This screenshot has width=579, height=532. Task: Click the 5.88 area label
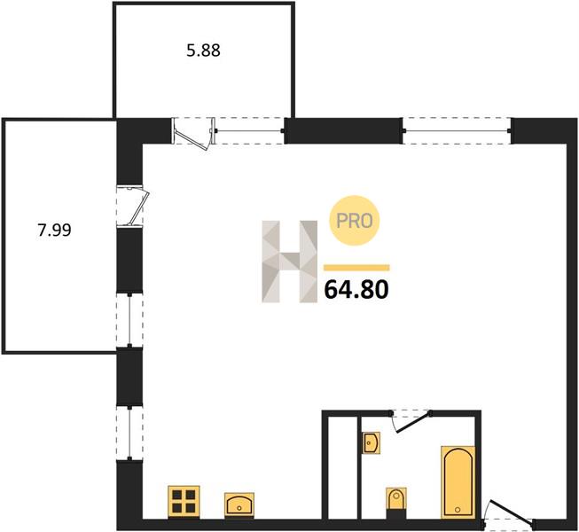(x=203, y=51)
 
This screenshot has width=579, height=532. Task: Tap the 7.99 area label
(x=54, y=231)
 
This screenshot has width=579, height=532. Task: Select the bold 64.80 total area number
(x=356, y=289)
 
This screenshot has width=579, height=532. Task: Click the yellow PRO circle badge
(x=355, y=221)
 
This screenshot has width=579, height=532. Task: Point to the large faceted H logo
(x=289, y=262)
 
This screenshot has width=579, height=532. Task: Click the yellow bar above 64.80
(x=356, y=268)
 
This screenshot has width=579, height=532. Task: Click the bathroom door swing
(x=411, y=420)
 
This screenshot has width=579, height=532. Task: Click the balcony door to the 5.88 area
(x=194, y=133)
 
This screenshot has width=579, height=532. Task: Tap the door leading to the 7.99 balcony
(x=132, y=207)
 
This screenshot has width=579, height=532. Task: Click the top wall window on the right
(x=457, y=130)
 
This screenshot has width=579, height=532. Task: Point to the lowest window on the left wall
(x=129, y=434)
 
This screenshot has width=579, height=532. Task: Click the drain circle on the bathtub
(x=458, y=510)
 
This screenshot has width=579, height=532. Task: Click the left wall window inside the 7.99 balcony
(x=129, y=320)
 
